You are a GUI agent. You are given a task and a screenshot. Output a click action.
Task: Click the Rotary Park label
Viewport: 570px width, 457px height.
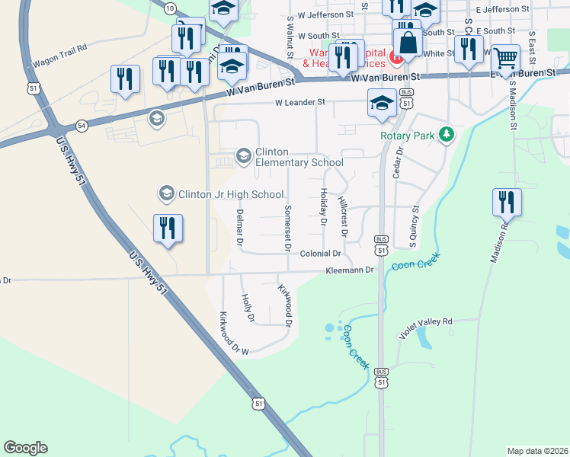pyautogui.click(x=407, y=136)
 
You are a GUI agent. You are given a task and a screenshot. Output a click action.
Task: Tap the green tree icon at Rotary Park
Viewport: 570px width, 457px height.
pyautogui.click(x=446, y=136)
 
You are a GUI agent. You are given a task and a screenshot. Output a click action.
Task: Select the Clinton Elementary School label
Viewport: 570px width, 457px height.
pyautogui.click(x=299, y=157)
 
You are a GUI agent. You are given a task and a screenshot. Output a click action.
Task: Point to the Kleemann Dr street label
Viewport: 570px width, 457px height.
pyautogui.click(x=350, y=270)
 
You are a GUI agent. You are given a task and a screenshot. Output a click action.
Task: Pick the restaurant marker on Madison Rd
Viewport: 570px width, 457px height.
pyautogui.click(x=506, y=203)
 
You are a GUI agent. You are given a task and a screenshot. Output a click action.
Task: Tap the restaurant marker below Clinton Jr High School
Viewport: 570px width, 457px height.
pyautogui.click(x=168, y=228)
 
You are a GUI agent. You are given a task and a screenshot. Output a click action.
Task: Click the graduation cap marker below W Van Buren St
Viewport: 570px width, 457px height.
pyautogui.click(x=382, y=104)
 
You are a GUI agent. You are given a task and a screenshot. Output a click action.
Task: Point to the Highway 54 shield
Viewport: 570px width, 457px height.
pyautogui.click(x=82, y=124)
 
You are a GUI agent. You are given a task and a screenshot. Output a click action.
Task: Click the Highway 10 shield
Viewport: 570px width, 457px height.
pyautogui.click(x=169, y=8)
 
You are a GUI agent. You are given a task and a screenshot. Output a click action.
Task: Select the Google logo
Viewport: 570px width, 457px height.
pyautogui.click(x=25, y=448)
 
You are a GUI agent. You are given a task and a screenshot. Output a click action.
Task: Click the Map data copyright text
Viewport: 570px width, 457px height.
pyautogui.click(x=537, y=451)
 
